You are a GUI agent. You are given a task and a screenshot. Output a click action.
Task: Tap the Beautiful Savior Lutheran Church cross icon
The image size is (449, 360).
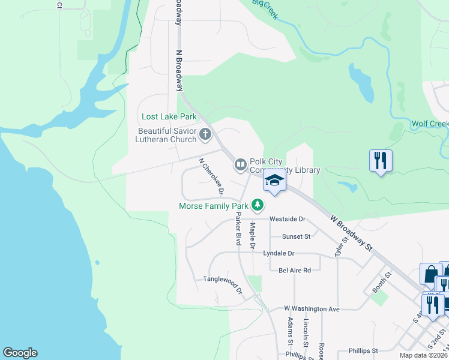(x=205, y=134)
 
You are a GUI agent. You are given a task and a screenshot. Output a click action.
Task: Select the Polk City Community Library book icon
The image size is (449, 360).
(x=241, y=164)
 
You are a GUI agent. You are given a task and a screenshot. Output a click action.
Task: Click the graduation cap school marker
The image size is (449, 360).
(x=275, y=180)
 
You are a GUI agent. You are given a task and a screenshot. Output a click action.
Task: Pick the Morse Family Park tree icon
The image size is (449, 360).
(x=258, y=205)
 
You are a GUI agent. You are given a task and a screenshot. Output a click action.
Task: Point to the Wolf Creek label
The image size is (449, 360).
(x=430, y=124)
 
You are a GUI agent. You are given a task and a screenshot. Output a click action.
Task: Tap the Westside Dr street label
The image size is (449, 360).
(x=288, y=219)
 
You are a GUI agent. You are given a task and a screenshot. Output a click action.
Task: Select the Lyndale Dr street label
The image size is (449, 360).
(x=279, y=254)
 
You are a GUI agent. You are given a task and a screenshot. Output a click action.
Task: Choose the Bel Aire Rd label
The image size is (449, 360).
(x=295, y=270)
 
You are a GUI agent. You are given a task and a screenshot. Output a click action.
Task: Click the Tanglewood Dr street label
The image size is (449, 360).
(x=222, y=283)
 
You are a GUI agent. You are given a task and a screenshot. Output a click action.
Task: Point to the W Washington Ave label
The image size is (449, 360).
(x=312, y=309)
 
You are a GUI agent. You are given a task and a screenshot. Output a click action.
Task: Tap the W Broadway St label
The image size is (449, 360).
(x=352, y=231)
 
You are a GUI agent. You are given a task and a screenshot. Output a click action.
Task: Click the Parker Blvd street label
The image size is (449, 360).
(x=238, y=229)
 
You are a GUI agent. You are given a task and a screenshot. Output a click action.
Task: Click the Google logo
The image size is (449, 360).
(x=20, y=353)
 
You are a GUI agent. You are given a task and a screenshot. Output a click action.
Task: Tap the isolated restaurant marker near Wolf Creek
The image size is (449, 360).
(x=381, y=160)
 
